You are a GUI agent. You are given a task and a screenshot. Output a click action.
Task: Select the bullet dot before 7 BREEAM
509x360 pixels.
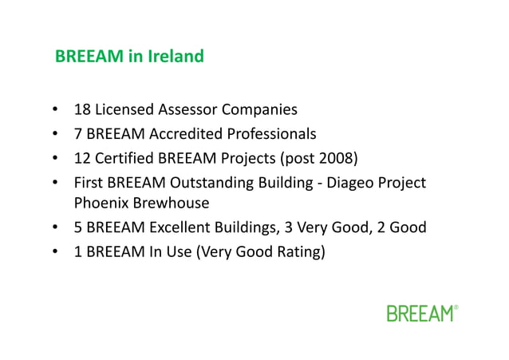[x=55, y=133]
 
